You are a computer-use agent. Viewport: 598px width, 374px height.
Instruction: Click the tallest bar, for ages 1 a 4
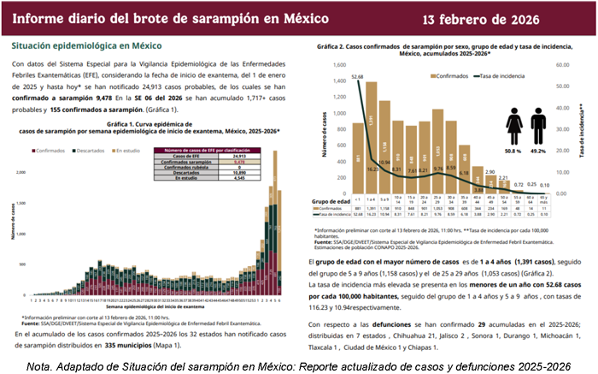372,137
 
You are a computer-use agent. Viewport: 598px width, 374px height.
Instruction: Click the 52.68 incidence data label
357,75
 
